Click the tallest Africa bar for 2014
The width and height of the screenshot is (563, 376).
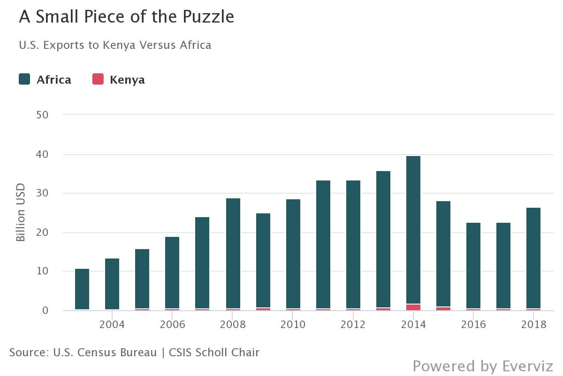pos(413,230)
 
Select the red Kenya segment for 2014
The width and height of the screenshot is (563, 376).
pos(413,307)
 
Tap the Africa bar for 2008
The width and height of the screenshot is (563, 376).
pos(233,253)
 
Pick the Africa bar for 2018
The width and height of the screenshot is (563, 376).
pos(533,258)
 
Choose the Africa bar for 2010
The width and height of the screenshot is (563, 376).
pos(293,254)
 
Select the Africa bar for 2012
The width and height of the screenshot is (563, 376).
pos(353,244)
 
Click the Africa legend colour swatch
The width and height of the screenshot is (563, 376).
pos(25,79)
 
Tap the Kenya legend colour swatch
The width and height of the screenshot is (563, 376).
pos(98,79)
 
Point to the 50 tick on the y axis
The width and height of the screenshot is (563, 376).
pos(42,115)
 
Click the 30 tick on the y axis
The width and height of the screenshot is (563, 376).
pos(42,193)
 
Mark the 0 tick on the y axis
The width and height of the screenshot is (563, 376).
pos(45,311)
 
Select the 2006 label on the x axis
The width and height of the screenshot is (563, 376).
pos(172,325)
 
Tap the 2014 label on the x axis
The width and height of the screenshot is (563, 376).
pos(413,325)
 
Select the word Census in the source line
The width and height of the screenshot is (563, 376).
pos(97,352)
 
